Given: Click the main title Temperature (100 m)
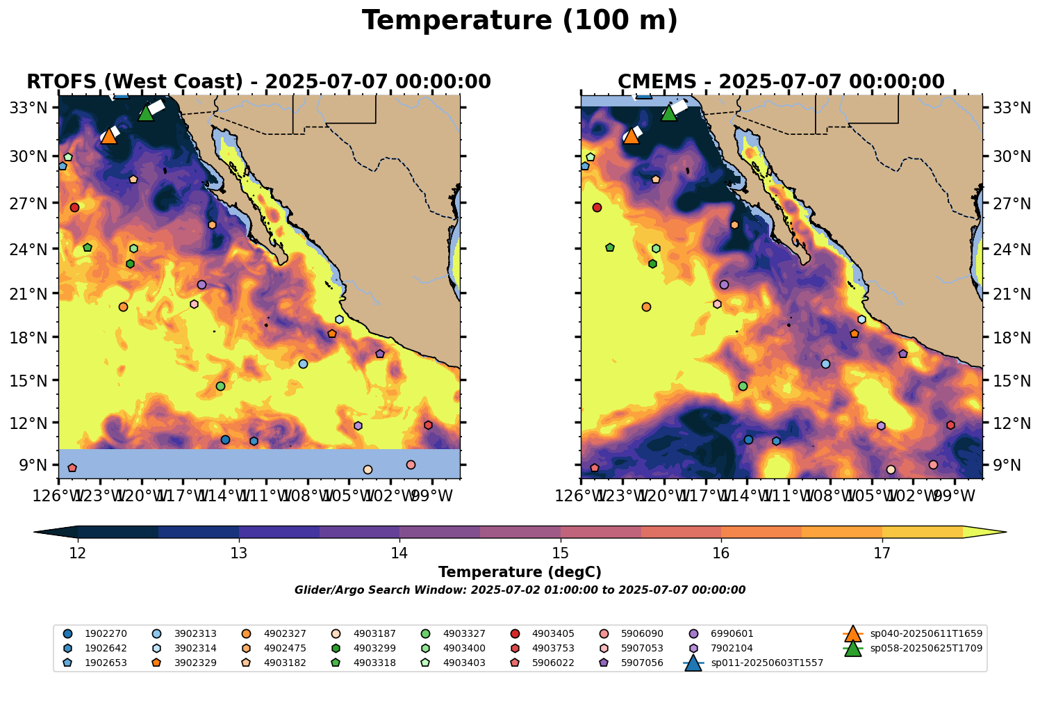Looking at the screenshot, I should pos(520,21).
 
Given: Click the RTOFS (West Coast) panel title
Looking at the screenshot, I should pos(258,82).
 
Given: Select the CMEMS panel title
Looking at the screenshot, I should pos(781,82).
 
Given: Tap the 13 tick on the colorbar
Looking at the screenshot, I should pos(239,553).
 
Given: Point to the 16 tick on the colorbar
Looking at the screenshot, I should pos(721,553).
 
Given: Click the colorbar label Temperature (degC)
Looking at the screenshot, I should pos(520,572).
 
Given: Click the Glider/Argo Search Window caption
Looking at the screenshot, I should pos(520,590).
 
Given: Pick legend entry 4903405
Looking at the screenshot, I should pos(553,634).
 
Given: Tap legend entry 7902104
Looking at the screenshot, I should pos(732,648).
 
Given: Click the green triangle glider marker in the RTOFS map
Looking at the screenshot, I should pos(146,113).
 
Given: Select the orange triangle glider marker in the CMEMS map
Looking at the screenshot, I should pos(631,136).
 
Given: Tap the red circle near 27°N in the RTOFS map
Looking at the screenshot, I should pos(74,207).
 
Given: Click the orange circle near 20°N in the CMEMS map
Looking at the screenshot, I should pos(646,307).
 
